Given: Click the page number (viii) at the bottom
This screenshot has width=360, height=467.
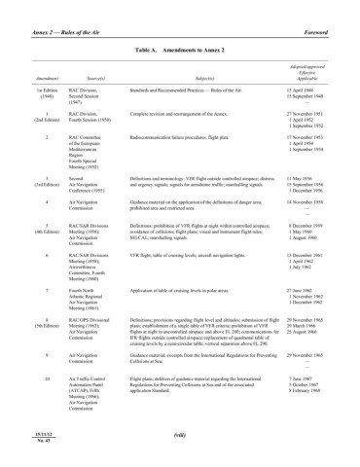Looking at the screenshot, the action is coord(179,437).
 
